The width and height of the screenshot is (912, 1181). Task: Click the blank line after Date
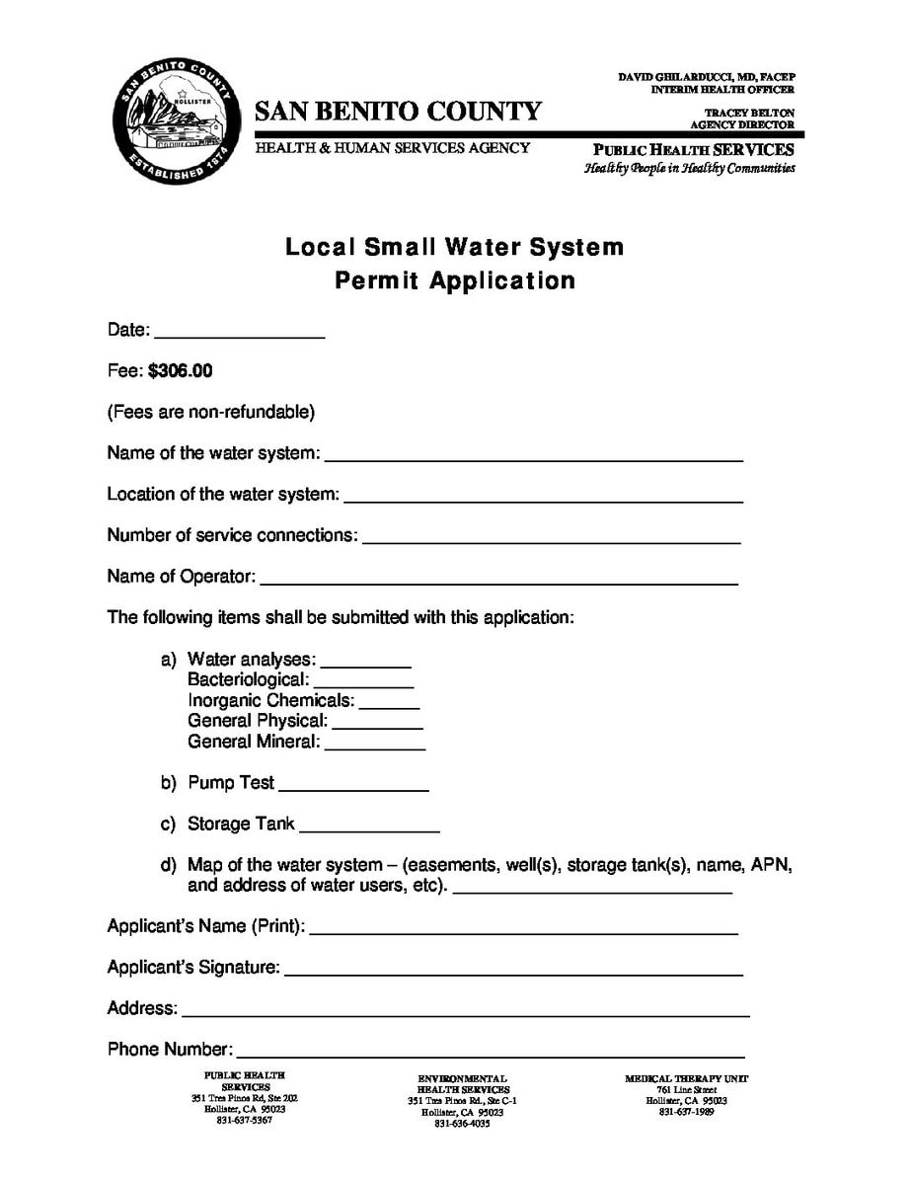tap(239, 333)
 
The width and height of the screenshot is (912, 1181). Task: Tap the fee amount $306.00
tap(181, 371)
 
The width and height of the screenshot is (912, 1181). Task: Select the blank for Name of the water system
tap(533, 456)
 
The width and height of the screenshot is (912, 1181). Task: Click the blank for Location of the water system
tap(543, 497)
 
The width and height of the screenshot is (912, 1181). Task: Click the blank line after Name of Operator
tap(498, 580)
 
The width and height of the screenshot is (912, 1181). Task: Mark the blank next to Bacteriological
tap(363, 682)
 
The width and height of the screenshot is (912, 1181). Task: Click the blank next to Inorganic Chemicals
tap(390, 703)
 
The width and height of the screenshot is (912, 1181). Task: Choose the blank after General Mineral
tap(374, 745)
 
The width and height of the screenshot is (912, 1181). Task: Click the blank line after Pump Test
tap(353, 786)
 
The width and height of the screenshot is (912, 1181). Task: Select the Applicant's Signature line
tap(513, 971)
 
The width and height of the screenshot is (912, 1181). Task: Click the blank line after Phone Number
tap(490, 1053)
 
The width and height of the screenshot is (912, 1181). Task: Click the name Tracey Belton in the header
tap(749, 114)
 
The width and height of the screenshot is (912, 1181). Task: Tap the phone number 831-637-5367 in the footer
tap(244, 1121)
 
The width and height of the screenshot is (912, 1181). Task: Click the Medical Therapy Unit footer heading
tap(686, 1079)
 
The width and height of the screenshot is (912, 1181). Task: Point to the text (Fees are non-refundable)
tap(210, 412)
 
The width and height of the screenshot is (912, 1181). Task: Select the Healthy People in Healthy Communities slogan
tap(689, 169)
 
